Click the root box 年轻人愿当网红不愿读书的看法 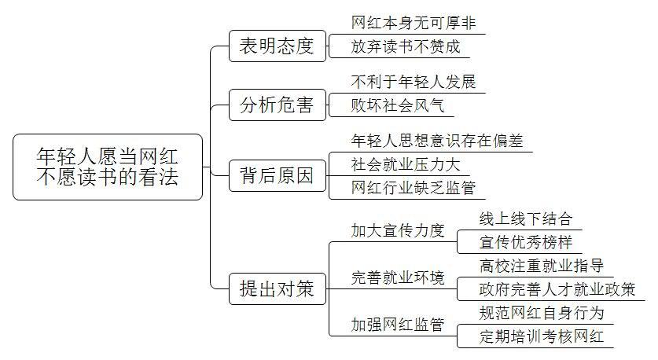click(x=108, y=167)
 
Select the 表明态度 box click(x=278, y=46)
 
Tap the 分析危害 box click(x=278, y=105)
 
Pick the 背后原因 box click(x=278, y=176)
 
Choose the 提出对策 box click(x=278, y=288)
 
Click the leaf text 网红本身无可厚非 click(x=414, y=23)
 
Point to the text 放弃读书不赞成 click(x=406, y=46)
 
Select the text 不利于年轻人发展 click(x=414, y=82)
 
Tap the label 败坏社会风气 click(x=398, y=105)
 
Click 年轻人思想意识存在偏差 click(x=437, y=141)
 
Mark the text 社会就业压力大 click(x=406, y=164)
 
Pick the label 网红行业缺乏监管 click(x=414, y=188)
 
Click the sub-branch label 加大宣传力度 click(x=398, y=230)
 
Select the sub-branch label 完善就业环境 click(x=398, y=277)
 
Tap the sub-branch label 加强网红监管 click(x=398, y=325)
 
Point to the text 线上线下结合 click(x=526, y=219)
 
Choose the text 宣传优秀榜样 click(x=526, y=242)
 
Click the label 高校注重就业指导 click(x=542, y=266)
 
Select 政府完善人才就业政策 click(x=557, y=289)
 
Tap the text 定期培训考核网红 click(x=542, y=336)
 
